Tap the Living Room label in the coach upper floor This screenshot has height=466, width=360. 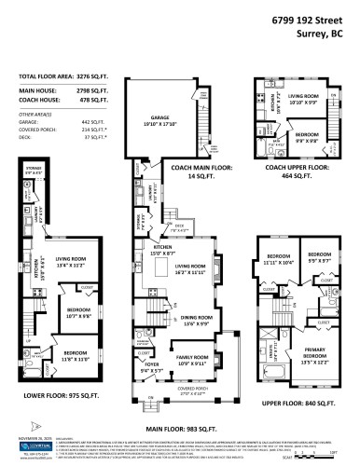(303, 97)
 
